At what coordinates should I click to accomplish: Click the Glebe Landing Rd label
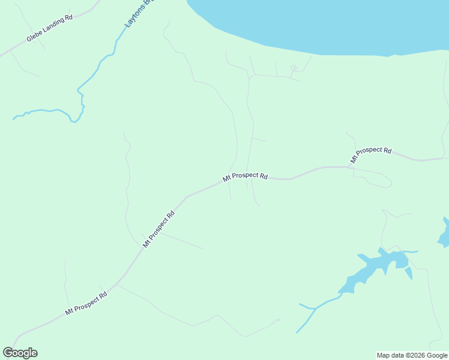(x=49, y=28)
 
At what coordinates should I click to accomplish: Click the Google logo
(x=20, y=353)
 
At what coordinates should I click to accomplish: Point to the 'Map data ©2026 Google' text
(x=412, y=355)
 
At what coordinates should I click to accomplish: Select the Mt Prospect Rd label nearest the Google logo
(x=86, y=304)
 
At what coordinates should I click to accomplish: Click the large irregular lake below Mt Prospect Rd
(x=372, y=267)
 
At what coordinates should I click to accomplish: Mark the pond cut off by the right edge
(x=444, y=235)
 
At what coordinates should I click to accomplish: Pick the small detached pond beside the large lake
(x=408, y=273)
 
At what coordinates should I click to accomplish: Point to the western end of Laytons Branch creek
(x=14, y=118)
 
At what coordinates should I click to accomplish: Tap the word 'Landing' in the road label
(x=53, y=26)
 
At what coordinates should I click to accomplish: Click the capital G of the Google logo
(x=8, y=353)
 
